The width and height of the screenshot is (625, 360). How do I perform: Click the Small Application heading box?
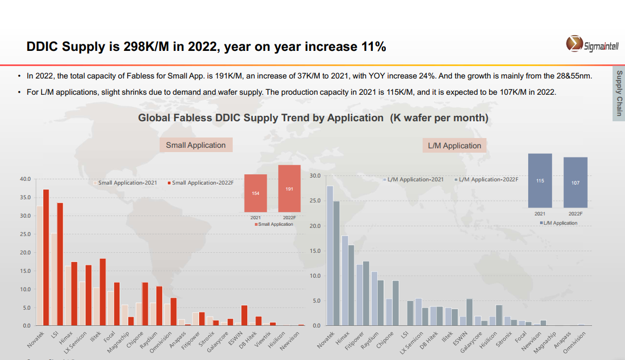pos(195,145)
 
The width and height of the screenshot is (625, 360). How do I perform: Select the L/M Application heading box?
pos(455,146)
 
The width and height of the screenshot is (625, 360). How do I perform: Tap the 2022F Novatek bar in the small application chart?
pos(46,257)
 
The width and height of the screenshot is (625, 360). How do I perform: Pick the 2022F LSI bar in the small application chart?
pos(60,264)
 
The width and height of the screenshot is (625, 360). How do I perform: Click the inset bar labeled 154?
pos(255,193)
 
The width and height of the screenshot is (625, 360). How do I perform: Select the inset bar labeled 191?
pos(289,188)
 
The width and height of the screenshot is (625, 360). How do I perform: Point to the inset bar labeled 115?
pos(540,181)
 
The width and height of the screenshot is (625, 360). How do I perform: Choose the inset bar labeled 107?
pos(575,182)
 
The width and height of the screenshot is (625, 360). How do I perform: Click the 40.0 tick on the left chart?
pos(25,179)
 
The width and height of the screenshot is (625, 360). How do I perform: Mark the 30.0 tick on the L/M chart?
pos(315,176)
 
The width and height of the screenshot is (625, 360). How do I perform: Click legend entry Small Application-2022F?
pos(200,183)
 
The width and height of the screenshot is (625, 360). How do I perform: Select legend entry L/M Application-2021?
pos(412,179)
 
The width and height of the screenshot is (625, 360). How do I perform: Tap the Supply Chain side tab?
pos(619,94)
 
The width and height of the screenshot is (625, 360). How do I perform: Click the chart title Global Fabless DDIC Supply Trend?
pos(313,118)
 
